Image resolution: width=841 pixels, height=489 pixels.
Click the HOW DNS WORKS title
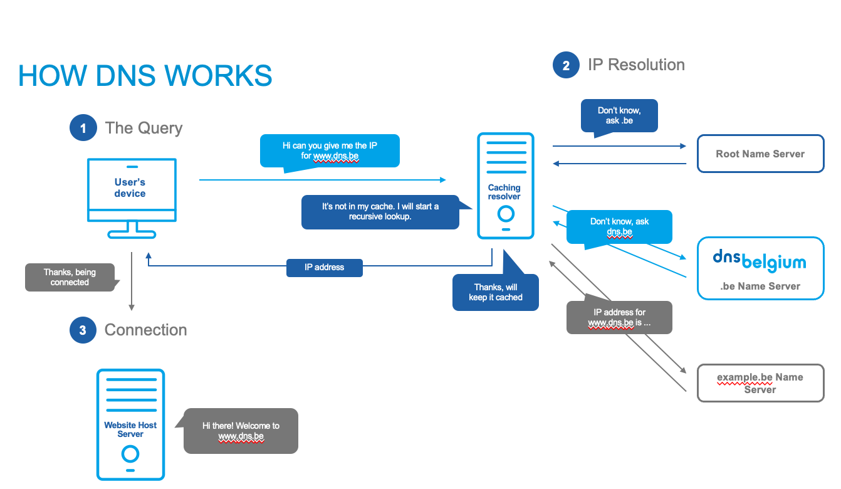click(145, 76)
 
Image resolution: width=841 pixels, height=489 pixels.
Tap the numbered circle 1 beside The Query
click(83, 129)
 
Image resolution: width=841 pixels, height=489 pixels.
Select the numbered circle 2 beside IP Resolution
click(566, 65)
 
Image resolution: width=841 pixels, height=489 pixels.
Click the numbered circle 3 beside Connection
click(83, 330)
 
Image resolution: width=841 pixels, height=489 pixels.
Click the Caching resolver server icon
click(505, 186)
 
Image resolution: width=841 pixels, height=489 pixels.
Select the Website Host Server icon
click(130, 424)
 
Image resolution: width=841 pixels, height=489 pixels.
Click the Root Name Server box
click(760, 154)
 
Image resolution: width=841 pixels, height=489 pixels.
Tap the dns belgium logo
click(760, 261)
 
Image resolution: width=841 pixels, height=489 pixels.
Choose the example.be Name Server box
click(760, 383)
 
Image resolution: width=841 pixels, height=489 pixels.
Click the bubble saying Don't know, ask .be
click(619, 115)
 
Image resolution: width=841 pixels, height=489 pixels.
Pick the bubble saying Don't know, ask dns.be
click(619, 226)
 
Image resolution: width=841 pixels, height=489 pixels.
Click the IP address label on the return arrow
click(324, 268)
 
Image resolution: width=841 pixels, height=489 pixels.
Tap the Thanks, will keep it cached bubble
click(495, 292)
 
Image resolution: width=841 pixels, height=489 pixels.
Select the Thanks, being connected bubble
click(70, 277)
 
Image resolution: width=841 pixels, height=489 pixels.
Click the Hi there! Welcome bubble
click(241, 431)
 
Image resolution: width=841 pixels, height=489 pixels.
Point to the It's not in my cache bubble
click(380, 211)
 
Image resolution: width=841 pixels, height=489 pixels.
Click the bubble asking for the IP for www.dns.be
click(330, 150)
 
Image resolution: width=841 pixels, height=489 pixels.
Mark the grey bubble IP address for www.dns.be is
click(619, 317)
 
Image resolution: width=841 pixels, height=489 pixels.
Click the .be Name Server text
click(760, 287)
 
